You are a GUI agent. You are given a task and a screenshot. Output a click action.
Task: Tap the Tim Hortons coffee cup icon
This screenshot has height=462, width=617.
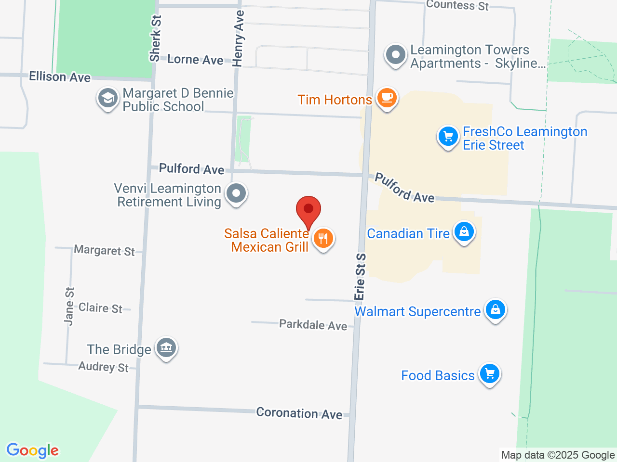click(x=387, y=98)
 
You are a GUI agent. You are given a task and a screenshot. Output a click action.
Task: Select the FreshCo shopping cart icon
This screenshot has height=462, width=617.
click(x=448, y=136)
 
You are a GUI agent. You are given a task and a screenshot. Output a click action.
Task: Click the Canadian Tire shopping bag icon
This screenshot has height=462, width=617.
click(x=464, y=232)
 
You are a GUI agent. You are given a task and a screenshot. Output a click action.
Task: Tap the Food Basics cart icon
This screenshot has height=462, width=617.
click(x=490, y=373)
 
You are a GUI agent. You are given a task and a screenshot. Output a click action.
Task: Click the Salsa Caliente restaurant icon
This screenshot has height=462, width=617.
click(x=323, y=238)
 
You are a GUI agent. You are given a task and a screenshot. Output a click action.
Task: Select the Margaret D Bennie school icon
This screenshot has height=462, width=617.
click(x=107, y=99)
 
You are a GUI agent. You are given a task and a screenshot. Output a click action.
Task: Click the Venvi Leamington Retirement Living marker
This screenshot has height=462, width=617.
click(x=236, y=193)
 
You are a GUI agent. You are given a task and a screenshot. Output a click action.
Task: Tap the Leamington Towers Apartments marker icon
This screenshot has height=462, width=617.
click(x=396, y=55)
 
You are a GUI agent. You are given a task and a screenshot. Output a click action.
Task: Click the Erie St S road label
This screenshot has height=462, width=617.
click(x=360, y=277)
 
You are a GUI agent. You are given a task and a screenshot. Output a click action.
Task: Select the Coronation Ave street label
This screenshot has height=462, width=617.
click(x=299, y=413)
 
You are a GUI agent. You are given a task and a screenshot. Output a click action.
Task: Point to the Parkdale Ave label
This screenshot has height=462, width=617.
click(x=313, y=325)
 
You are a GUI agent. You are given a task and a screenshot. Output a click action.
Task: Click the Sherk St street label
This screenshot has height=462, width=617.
click(x=155, y=38)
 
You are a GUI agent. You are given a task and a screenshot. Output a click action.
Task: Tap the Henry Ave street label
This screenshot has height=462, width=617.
click(x=239, y=38)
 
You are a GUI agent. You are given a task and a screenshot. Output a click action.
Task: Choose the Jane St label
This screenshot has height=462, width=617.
click(x=69, y=307)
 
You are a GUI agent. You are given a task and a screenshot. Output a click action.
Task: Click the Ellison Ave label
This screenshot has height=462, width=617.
click(x=60, y=77)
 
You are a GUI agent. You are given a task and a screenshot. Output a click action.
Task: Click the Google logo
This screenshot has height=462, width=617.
click(x=33, y=450)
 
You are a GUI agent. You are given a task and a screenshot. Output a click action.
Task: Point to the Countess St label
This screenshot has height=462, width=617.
click(x=457, y=5)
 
